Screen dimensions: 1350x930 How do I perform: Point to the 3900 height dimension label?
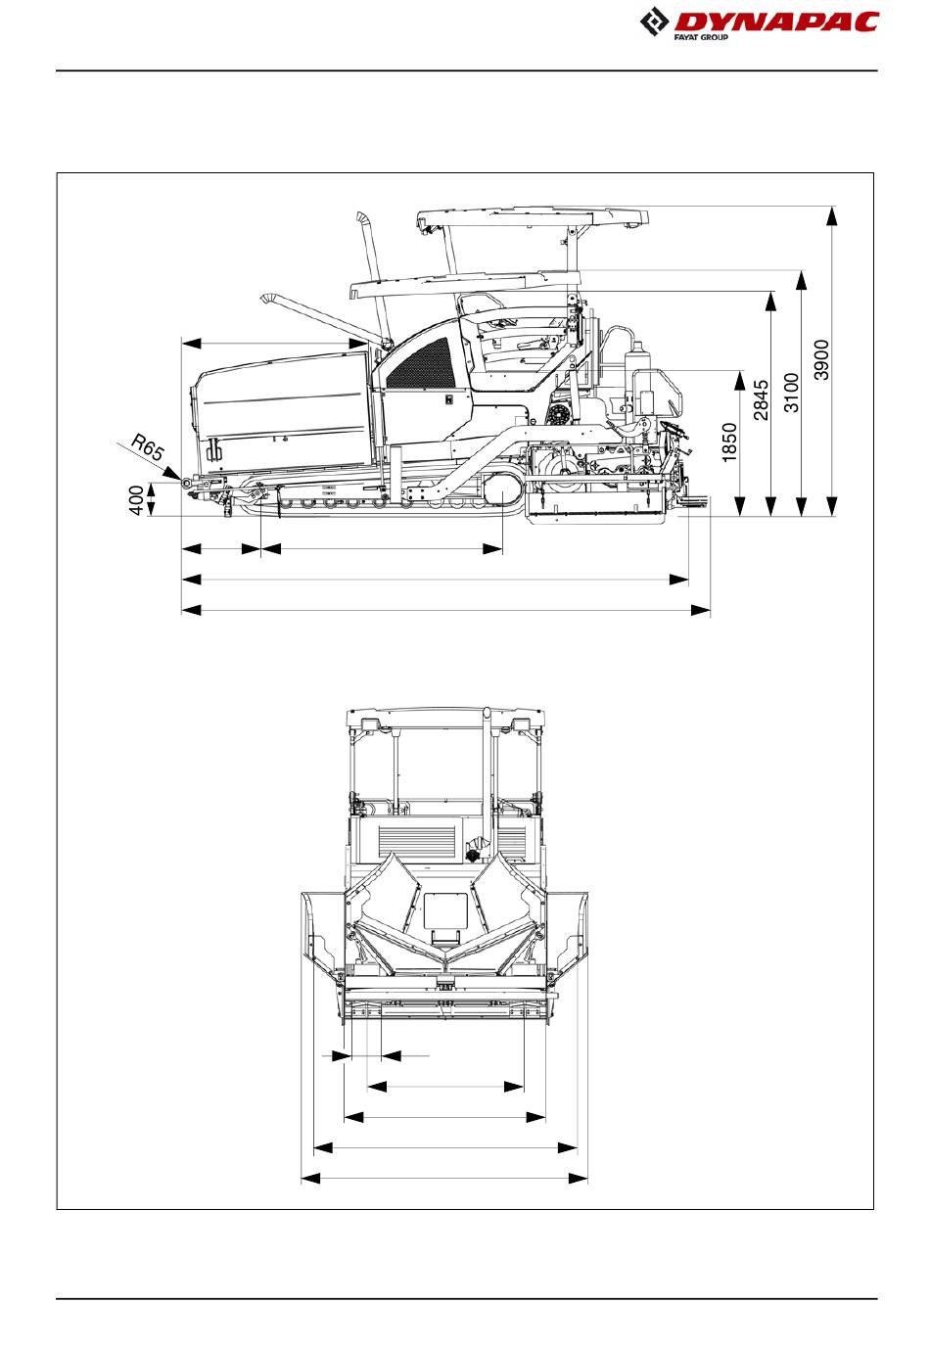(x=822, y=359)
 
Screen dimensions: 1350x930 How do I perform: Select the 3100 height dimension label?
(x=793, y=392)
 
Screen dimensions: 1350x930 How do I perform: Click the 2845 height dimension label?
(x=762, y=399)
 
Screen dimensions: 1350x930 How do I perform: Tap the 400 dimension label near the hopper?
(x=137, y=499)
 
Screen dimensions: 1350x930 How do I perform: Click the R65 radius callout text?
(x=149, y=449)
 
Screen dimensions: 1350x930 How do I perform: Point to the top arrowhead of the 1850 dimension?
(x=742, y=380)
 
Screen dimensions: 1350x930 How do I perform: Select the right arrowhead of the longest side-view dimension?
(x=701, y=611)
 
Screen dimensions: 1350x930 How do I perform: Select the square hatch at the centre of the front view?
(x=443, y=913)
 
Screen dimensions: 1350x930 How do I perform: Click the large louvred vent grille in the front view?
(x=416, y=839)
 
